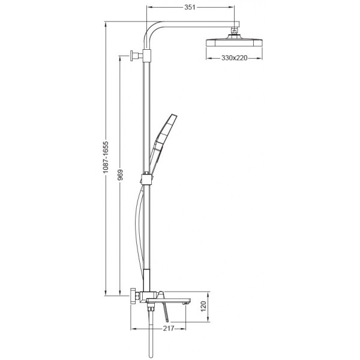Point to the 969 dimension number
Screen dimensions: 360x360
[121, 175]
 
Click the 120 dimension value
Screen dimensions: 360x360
[204, 308]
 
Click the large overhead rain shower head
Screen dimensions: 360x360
[235, 43]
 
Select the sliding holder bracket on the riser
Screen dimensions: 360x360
[145, 178]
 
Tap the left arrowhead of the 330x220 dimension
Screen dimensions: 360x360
[208, 58]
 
